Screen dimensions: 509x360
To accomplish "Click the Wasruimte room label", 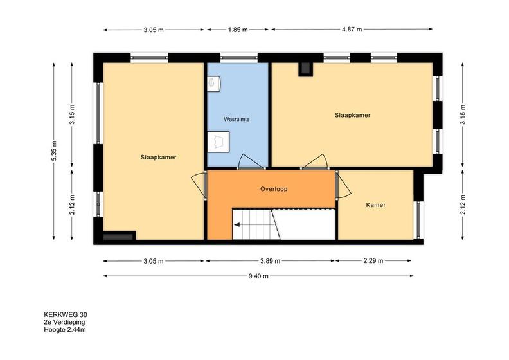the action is (x=237, y=119).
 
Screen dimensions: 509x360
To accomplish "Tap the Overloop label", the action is (x=274, y=189).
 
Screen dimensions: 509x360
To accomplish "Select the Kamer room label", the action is (x=375, y=205).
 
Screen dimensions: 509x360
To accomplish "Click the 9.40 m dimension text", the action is (x=258, y=276).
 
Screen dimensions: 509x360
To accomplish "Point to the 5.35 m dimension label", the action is (x=54, y=150).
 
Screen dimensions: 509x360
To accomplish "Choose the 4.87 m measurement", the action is (x=352, y=29).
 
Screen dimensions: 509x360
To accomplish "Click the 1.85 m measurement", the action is (x=238, y=30).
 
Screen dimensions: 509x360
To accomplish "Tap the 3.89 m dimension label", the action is (x=270, y=260).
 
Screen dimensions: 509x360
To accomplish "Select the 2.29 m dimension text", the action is (x=373, y=260).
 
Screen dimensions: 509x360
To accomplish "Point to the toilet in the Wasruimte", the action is (x=213, y=84).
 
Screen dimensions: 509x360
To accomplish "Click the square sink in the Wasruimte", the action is (x=218, y=141).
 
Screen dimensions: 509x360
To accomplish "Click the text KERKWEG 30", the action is (x=66, y=314).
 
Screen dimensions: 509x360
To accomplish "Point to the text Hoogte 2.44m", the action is (x=65, y=330).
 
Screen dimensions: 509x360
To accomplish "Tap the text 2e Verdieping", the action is (x=64, y=322).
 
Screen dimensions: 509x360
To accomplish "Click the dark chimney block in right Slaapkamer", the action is (x=305, y=69).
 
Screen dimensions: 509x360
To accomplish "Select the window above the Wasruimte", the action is (x=239, y=58).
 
